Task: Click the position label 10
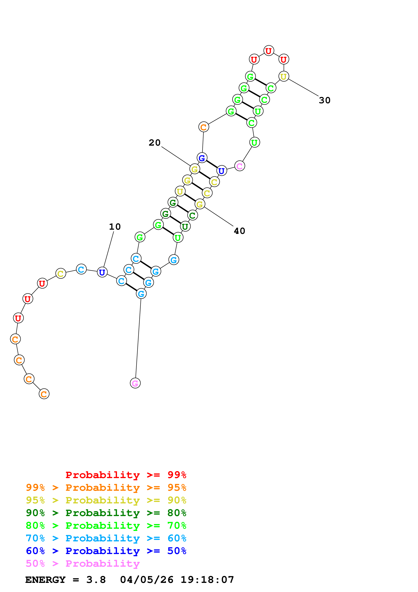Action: click(x=115, y=227)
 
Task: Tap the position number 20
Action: click(x=154, y=143)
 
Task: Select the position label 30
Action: click(x=325, y=100)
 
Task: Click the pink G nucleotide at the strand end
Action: click(x=135, y=383)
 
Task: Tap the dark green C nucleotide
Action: click(x=192, y=215)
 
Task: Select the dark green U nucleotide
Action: click(x=185, y=227)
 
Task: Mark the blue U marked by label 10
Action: click(x=102, y=272)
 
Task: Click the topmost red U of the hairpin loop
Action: click(x=269, y=51)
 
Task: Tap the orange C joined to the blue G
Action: click(x=204, y=127)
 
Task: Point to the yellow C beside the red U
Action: click(x=61, y=273)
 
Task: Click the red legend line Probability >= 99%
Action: click(x=126, y=475)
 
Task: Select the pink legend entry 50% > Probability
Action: click(x=83, y=563)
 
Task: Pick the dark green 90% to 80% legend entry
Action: click(x=106, y=513)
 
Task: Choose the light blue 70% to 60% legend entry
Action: click(x=106, y=538)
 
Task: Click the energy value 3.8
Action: click(x=96, y=580)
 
